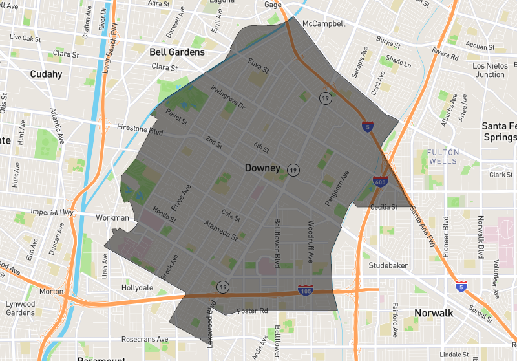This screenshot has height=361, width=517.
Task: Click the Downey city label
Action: (x=262, y=168)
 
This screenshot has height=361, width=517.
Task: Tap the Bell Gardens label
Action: (x=176, y=52)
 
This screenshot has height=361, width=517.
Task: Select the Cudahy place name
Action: (x=46, y=74)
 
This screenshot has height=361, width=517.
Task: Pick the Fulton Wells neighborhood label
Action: (x=443, y=157)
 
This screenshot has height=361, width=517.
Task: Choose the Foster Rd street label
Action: (x=253, y=311)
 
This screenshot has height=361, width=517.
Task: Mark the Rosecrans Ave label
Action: (x=145, y=338)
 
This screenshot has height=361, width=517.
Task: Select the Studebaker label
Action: (x=389, y=265)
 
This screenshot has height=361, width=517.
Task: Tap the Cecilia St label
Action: (x=384, y=206)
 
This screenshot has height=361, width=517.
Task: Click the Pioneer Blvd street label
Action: (x=445, y=237)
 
